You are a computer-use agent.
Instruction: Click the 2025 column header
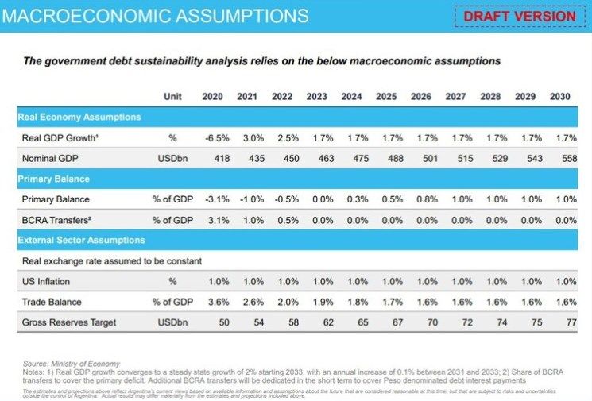[x=386, y=97]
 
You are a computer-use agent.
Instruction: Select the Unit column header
[x=172, y=97]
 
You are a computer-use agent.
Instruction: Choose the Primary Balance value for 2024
[x=351, y=199]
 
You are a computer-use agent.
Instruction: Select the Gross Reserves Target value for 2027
[x=455, y=322]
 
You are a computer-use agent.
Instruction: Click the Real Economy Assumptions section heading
[x=79, y=117]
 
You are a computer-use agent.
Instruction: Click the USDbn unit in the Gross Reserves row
[x=172, y=322]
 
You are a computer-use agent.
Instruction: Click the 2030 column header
[x=559, y=97]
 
